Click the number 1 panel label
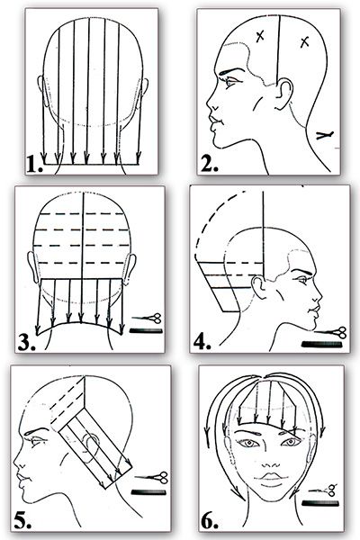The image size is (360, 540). [34, 165]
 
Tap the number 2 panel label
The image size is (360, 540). [209, 165]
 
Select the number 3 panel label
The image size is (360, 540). [26, 343]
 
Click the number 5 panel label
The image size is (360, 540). [22, 521]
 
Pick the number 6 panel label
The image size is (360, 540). [210, 521]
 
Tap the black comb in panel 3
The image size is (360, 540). [146, 331]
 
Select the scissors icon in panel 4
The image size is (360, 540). [330, 333]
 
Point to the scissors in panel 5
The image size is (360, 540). [151, 478]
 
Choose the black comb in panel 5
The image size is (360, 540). [148, 492]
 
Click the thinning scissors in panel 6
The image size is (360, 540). [323, 490]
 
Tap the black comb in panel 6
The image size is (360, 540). [320, 503]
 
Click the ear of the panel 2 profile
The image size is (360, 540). [283, 94]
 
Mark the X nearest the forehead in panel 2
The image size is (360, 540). [260, 36]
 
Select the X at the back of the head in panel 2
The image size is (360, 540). [304, 42]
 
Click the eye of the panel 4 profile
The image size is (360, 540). [302, 280]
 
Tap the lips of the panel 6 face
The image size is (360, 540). [272, 477]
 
